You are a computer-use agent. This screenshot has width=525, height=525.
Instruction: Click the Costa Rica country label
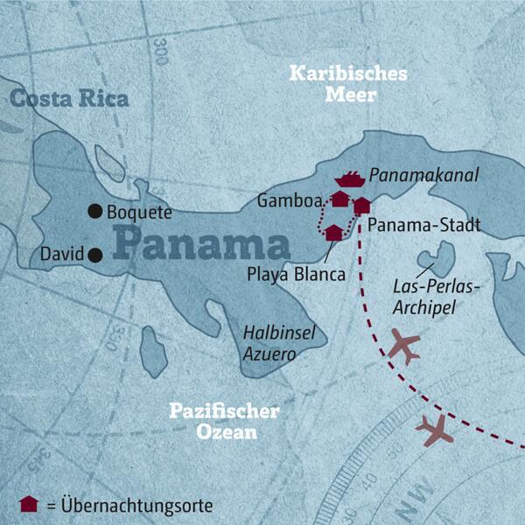(x=70, y=98)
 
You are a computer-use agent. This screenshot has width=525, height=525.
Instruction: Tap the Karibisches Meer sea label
(x=348, y=85)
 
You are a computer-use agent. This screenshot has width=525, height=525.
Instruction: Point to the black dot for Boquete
(x=94, y=211)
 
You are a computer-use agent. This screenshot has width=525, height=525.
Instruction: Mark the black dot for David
(x=94, y=255)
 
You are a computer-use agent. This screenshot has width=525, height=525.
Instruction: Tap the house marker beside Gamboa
(x=339, y=199)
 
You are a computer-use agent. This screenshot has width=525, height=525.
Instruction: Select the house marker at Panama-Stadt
(x=362, y=206)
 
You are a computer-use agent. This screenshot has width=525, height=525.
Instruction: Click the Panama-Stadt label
(x=424, y=226)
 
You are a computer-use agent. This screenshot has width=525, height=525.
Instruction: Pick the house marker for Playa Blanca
(x=333, y=233)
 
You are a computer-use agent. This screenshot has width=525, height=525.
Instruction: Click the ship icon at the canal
(x=348, y=179)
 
